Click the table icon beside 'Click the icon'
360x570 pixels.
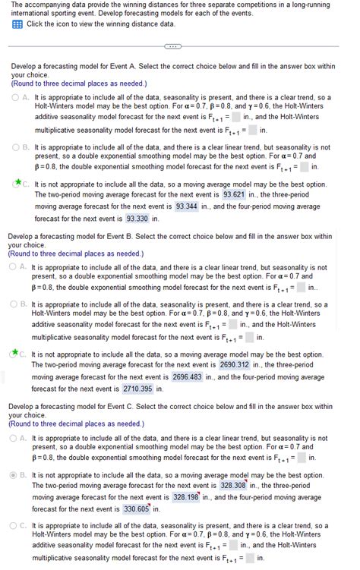click(17, 24)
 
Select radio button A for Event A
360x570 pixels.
click(17, 98)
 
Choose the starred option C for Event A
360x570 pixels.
click(17, 184)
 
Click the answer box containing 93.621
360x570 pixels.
click(233, 194)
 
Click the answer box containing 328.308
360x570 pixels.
click(233, 485)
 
